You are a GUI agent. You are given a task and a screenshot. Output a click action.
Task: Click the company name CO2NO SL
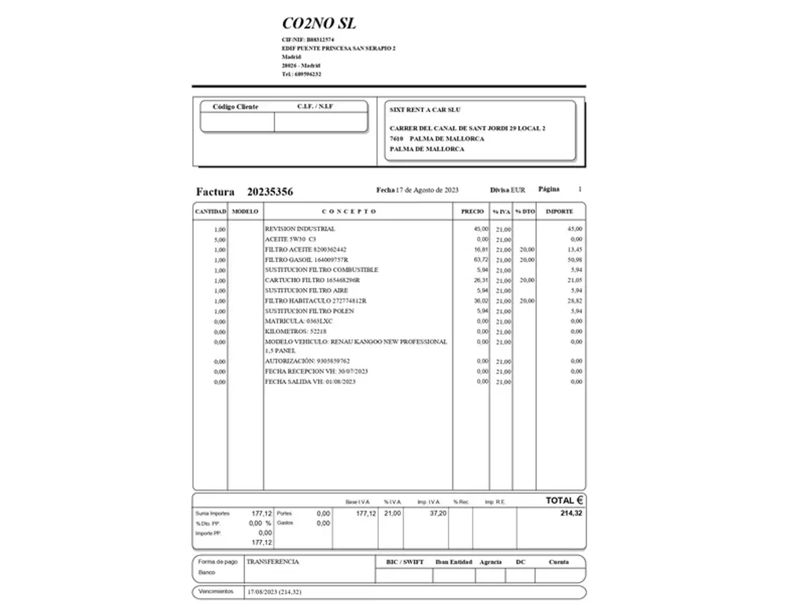[319, 23]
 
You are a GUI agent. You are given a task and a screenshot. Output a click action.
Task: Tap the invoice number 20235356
[270, 192]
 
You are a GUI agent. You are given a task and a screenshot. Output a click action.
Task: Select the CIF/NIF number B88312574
[320, 40]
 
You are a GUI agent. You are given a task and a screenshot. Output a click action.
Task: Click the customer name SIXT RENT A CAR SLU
[425, 110]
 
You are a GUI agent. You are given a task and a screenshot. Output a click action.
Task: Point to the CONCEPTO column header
[349, 211]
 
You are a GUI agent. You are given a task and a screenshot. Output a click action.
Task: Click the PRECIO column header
[472, 211]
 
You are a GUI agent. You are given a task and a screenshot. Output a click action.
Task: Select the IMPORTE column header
[559, 211]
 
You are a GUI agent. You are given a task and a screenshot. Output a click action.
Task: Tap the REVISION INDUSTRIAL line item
[300, 229]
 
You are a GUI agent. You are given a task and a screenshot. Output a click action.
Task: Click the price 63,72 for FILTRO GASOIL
[481, 259]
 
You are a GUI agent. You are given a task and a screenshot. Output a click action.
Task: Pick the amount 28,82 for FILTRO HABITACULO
[575, 301]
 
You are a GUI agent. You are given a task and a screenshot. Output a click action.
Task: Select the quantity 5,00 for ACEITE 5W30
[220, 240]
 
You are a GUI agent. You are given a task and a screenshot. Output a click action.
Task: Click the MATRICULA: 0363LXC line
[299, 321]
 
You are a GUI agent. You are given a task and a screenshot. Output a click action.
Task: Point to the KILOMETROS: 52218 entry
[295, 331]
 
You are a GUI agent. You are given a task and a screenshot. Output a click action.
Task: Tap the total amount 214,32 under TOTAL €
[571, 513]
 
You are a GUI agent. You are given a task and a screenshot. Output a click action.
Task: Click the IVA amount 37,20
[438, 513]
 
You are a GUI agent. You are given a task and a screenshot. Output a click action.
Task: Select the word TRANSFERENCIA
[273, 561]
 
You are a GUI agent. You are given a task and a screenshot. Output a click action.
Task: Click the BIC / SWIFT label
[404, 562]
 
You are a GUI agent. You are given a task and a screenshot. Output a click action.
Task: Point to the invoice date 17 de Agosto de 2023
[427, 190]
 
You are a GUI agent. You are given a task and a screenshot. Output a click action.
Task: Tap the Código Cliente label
[235, 107]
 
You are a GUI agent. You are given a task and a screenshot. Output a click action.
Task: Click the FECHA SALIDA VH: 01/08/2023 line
[310, 381]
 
